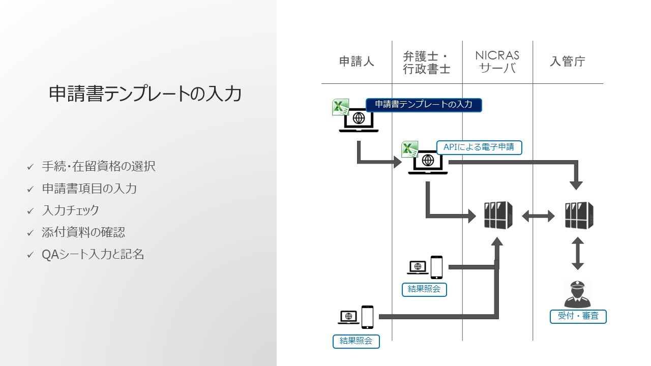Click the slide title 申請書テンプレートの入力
[x=145, y=94]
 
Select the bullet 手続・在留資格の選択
[x=99, y=166]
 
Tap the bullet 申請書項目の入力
[x=90, y=189]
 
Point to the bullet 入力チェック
[x=70, y=210]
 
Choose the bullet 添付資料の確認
[x=83, y=232]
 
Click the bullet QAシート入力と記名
[x=93, y=254]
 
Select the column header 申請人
[x=357, y=62]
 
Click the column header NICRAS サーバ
[x=497, y=62]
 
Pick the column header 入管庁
[x=568, y=62]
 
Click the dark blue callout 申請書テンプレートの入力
[x=424, y=105]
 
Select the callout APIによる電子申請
[x=479, y=147]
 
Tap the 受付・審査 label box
[x=578, y=316]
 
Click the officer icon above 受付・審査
[x=578, y=294]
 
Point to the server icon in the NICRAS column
[x=498, y=215]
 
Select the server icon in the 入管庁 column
[x=579, y=215]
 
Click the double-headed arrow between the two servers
[x=538, y=217]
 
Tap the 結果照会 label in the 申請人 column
[x=356, y=341]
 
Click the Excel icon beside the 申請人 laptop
[x=340, y=107]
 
